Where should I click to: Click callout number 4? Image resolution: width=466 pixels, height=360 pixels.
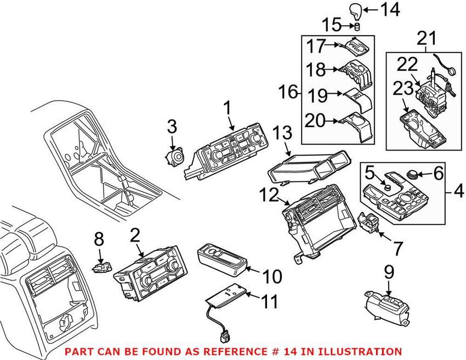[458, 192]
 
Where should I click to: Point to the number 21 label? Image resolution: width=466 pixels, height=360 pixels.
[428, 38]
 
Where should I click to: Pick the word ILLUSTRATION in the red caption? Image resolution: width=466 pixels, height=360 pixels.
[359, 351]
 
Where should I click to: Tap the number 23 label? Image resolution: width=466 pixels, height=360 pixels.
[403, 88]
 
